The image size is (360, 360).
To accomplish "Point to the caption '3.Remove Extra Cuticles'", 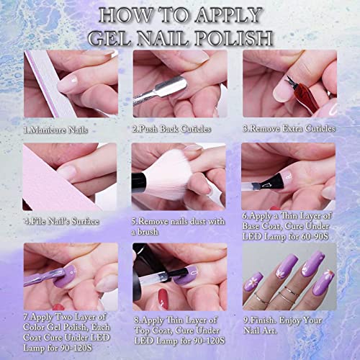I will click(289, 129).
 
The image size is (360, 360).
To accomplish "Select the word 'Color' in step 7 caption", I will click(38, 326).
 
